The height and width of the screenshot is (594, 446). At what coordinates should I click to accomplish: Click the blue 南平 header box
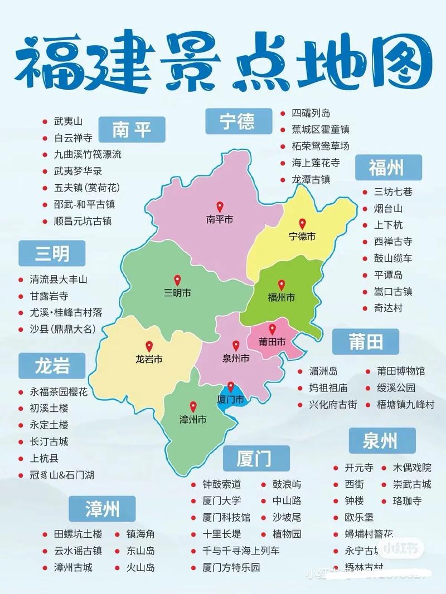132,131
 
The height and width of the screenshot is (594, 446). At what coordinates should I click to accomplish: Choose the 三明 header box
52,254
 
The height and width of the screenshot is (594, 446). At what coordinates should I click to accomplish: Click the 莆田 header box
366,342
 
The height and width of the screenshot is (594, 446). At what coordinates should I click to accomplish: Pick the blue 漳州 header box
103,509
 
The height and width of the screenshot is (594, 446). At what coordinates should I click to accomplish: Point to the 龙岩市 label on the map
149,360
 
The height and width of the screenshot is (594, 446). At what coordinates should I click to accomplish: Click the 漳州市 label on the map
192,419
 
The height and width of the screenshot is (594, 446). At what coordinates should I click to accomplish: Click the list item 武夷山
68,121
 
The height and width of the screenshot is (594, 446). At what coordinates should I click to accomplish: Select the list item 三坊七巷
393,192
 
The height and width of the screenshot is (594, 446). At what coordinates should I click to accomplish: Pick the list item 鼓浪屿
287,484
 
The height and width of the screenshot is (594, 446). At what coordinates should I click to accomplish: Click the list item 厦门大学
222,501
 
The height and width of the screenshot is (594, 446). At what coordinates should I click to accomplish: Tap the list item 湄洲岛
323,371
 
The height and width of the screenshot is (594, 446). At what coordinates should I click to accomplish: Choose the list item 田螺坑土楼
78,534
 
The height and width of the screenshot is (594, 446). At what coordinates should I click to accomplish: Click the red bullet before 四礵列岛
283,113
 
